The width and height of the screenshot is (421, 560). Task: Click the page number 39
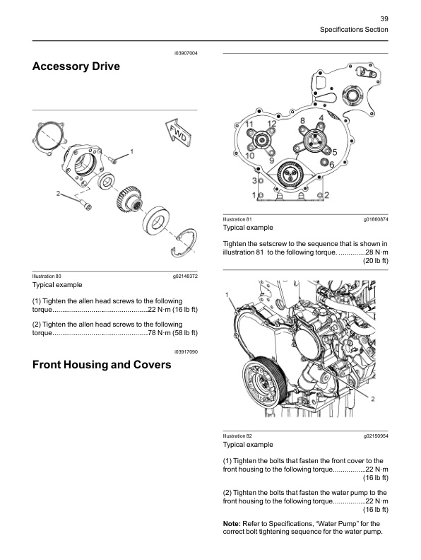pyautogui.click(x=384, y=18)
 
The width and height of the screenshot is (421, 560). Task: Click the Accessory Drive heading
pyautogui.click(x=76, y=67)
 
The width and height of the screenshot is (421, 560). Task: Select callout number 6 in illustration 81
pyautogui.click(x=331, y=164)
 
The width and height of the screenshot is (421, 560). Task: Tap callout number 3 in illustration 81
pyautogui.click(x=254, y=181)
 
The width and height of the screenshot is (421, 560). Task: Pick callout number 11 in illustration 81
pyautogui.click(x=249, y=124)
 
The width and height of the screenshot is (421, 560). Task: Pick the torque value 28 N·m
pyautogui.click(x=372, y=252)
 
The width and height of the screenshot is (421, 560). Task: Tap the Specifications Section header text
pyautogui.click(x=354, y=30)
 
